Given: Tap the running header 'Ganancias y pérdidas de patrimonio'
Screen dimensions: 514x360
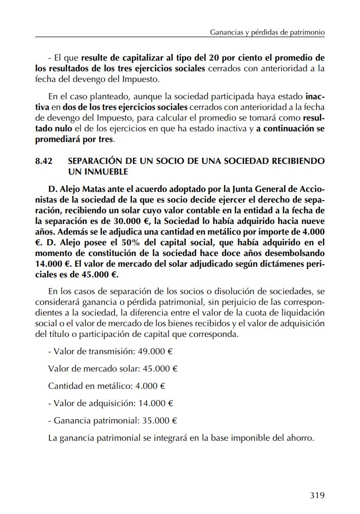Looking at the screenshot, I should pos(267,32).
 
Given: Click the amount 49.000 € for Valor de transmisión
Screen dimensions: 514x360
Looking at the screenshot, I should pos(156,351).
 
